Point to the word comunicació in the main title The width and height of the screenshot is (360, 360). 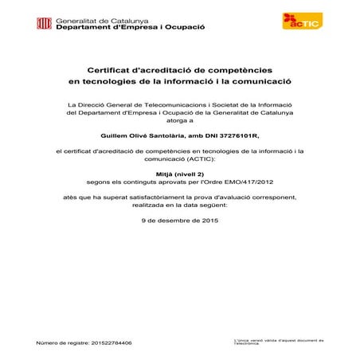pyautogui.click(x=253, y=81)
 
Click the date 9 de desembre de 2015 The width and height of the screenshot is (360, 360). pyautogui.click(x=179, y=219)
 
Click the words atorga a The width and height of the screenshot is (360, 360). pyautogui.click(x=180, y=122)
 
